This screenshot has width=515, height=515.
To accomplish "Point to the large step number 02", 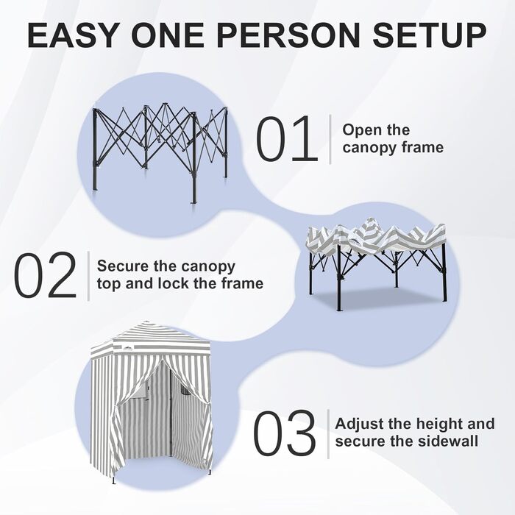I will [x=46, y=275].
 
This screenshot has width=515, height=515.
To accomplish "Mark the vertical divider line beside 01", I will [x=330, y=138].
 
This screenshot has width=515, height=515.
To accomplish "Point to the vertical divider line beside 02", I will [x=88, y=275].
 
